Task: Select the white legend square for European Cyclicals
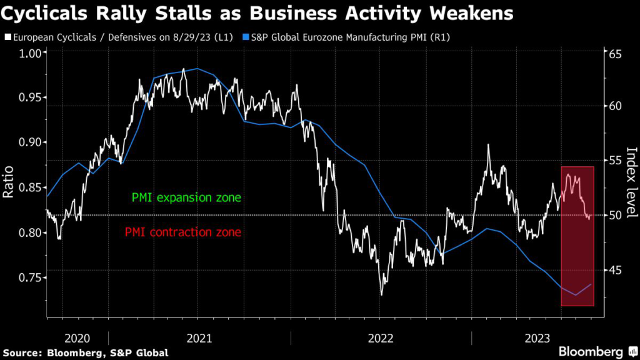[x=7, y=37]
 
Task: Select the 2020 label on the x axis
[x=78, y=338]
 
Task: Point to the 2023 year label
[x=537, y=338]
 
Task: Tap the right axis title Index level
[x=630, y=182]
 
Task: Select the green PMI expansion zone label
[x=186, y=198]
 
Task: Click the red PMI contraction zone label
[x=182, y=232]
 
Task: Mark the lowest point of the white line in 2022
[x=381, y=294]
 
